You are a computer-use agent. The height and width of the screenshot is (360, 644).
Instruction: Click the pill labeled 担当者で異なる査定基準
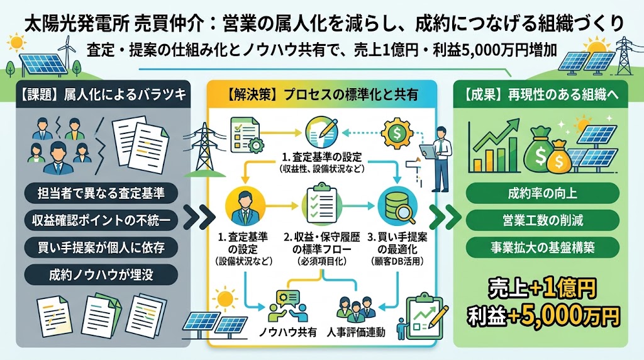[101, 193]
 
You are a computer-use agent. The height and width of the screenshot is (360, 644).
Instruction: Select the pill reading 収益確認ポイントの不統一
[101, 220]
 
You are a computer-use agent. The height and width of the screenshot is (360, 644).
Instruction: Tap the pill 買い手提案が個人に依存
[101, 247]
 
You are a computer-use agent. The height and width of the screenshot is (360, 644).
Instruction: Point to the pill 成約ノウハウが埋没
[101, 274]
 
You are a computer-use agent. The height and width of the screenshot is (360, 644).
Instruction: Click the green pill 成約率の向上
[543, 193]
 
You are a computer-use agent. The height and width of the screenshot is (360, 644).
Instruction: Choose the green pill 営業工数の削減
[543, 220]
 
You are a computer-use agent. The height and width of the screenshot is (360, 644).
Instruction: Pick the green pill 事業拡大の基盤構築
[543, 247]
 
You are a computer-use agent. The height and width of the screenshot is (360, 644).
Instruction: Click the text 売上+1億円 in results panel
[541, 290]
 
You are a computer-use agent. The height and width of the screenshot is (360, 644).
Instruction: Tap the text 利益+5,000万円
[543, 315]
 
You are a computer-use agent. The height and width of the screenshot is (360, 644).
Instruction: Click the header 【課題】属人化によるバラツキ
[103, 94]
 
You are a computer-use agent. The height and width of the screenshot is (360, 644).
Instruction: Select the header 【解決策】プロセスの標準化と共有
[321, 95]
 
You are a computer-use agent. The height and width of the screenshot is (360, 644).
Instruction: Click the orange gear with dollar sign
[396, 133]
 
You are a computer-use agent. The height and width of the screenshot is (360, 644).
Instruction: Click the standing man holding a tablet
[438, 158]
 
